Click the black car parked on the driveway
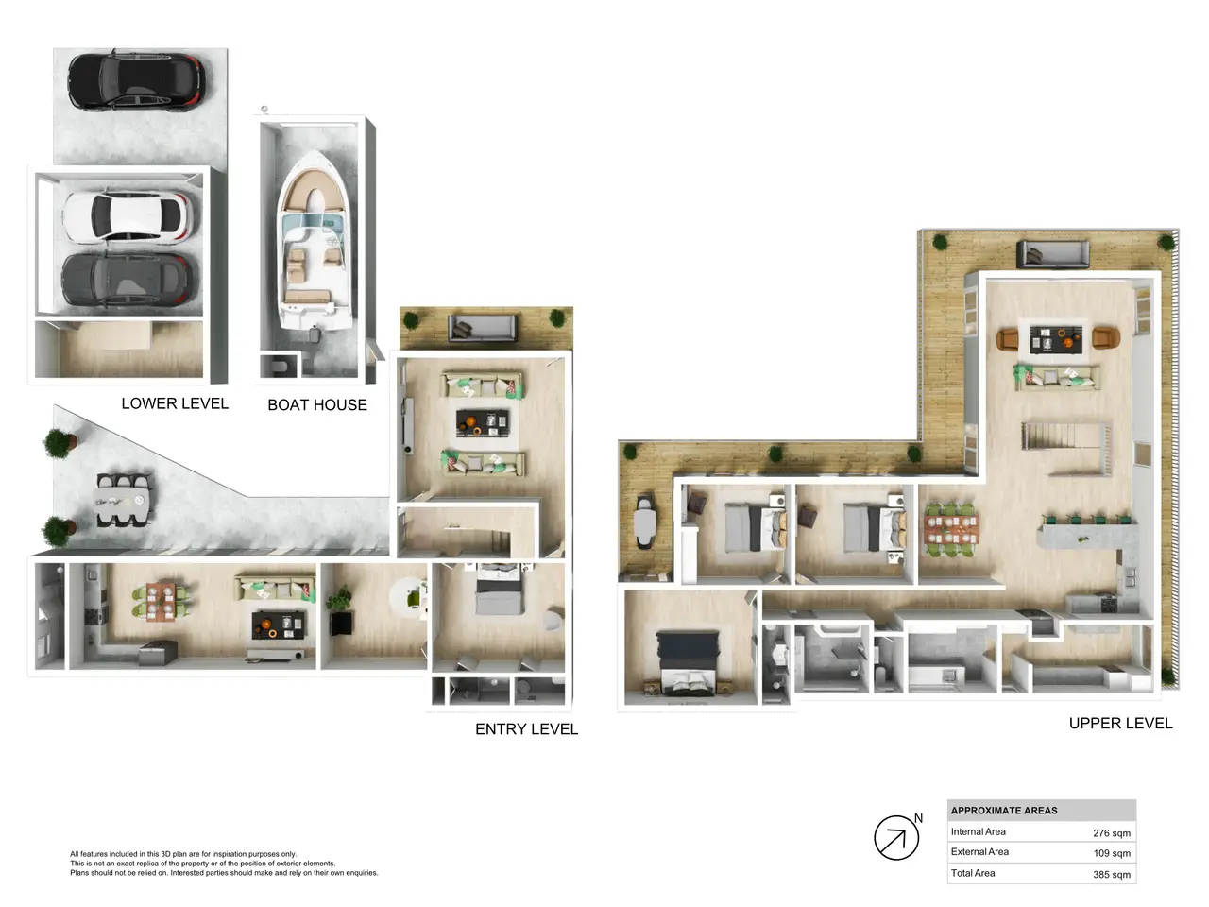click(136, 81)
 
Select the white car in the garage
click(127, 216)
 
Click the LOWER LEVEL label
click(175, 403)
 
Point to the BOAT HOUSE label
click(317, 405)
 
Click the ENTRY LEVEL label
click(526, 729)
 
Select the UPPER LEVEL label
click(1120, 723)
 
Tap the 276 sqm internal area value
click(1112, 833)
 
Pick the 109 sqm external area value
click(1112, 853)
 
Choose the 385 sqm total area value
click(1112, 875)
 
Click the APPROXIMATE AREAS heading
click(1003, 811)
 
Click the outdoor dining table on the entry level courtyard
click(122, 500)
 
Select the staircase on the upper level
click(1066, 449)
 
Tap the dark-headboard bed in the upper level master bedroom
click(688, 663)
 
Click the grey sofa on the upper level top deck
click(1052, 254)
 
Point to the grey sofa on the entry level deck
click(483, 328)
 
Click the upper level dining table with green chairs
click(951, 529)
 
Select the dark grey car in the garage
click(127, 280)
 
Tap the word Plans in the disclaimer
click(79, 873)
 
